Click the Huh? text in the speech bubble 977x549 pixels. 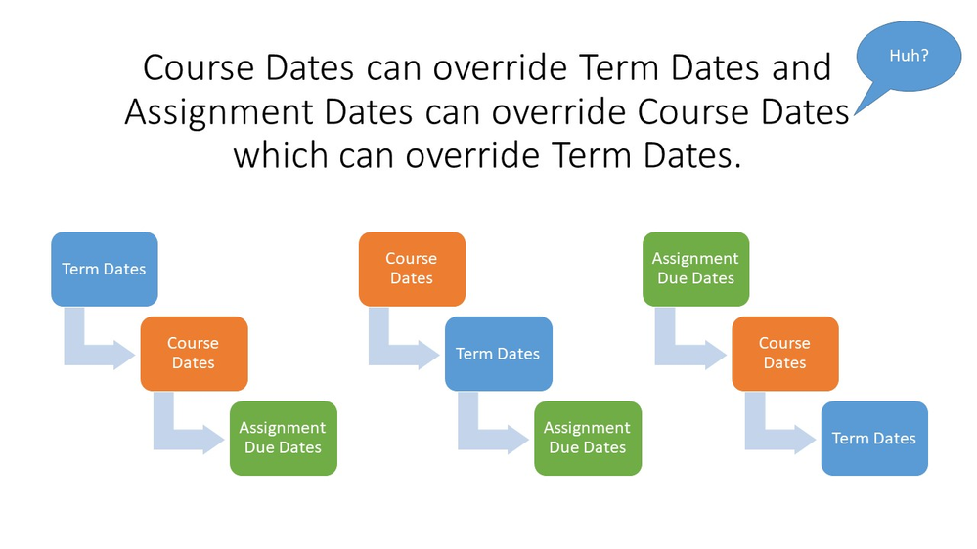[x=909, y=56]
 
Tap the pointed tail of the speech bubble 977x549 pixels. [x=854, y=114]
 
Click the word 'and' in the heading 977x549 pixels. [x=801, y=67]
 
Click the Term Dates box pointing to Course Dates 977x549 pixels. [x=104, y=269]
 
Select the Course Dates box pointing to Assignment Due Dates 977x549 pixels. [x=194, y=354]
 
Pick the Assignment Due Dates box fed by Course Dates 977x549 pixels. [x=283, y=439]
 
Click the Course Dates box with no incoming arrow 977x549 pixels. [x=412, y=269]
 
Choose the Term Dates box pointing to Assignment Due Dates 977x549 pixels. [x=499, y=354]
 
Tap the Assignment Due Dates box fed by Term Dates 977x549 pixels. [x=588, y=439]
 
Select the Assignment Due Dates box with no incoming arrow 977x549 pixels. [x=696, y=269]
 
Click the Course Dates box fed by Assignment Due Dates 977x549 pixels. [x=785, y=354]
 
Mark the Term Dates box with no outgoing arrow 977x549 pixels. [x=874, y=439]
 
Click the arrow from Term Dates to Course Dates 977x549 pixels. [x=74, y=355]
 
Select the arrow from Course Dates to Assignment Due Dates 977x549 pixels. [x=164, y=439]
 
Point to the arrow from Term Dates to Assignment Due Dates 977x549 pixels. [x=468, y=439]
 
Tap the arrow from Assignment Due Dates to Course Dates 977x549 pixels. [x=665, y=355]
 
